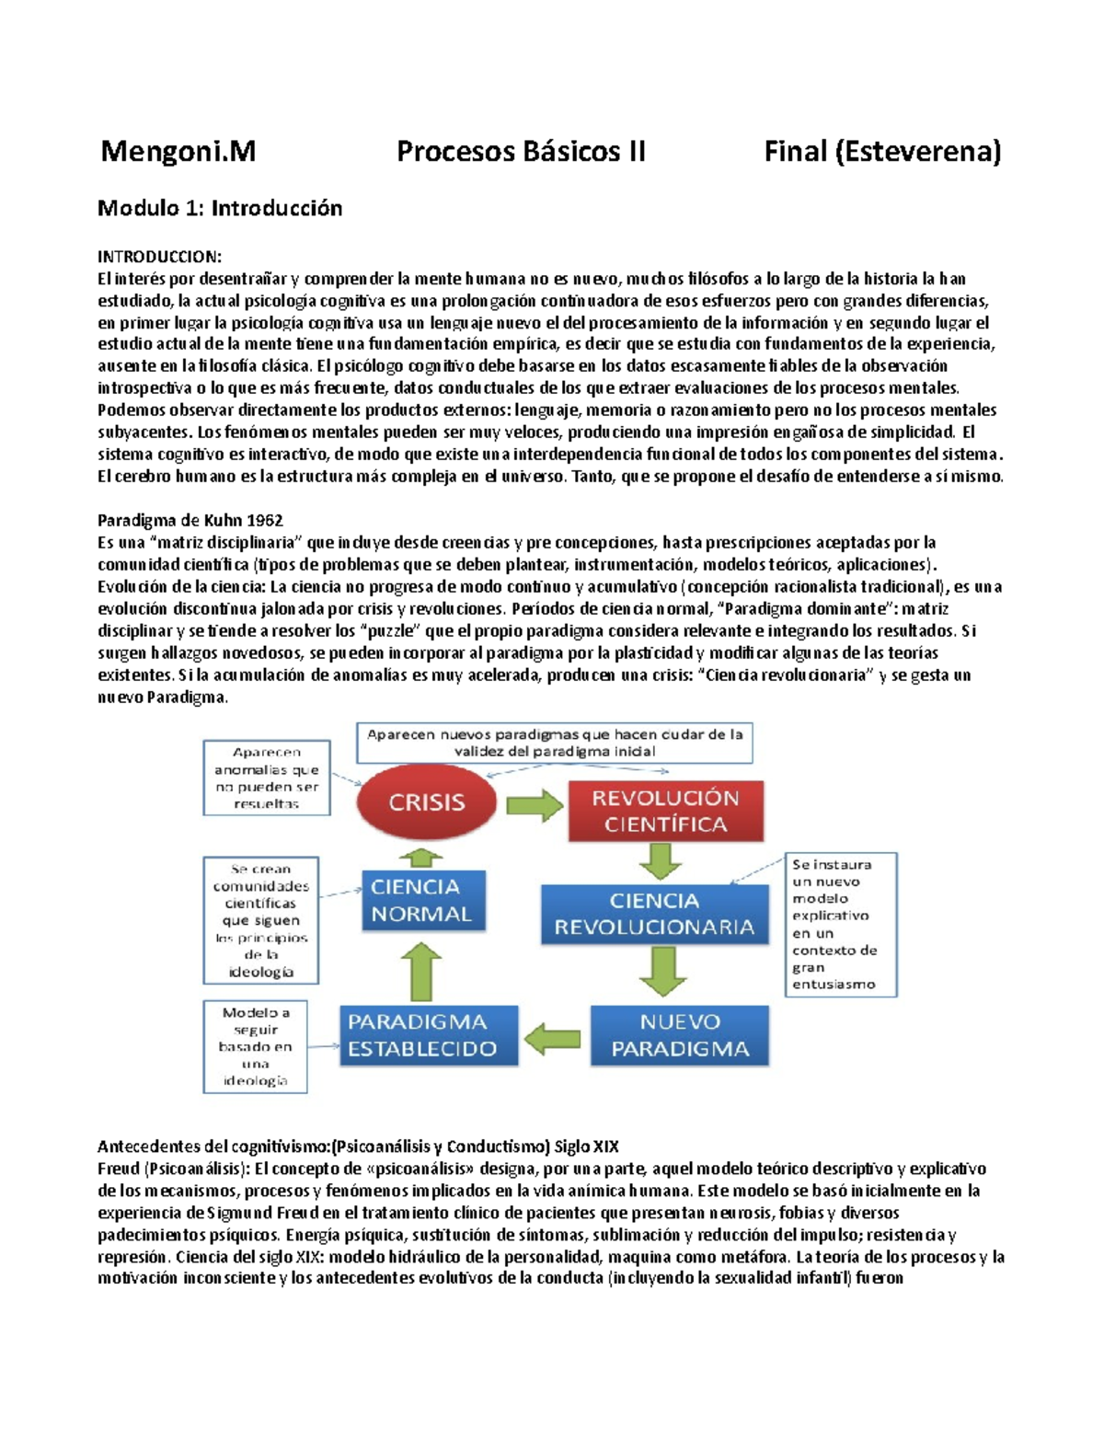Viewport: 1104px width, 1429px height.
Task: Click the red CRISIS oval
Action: pos(426,802)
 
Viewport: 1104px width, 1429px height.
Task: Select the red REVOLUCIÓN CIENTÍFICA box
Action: pos(665,811)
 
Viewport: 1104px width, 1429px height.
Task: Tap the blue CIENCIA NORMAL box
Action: pos(422,901)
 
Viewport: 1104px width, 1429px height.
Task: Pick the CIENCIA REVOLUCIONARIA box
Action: pos(654,914)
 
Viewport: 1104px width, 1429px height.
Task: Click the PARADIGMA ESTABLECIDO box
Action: pos(428,1035)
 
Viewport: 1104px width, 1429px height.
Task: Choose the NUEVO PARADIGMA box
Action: pos(679,1035)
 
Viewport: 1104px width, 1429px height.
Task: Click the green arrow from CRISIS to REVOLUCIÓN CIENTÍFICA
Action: pos(534,805)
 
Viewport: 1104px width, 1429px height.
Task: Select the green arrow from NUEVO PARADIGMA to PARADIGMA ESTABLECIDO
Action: pos(553,1040)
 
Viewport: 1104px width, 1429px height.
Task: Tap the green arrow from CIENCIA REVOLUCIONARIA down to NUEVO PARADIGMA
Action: pos(662,971)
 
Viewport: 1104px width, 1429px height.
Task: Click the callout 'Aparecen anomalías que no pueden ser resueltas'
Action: pos(266,778)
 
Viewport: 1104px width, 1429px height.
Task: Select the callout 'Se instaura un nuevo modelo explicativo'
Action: pos(840,924)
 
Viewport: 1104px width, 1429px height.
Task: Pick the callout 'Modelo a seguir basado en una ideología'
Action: pos(255,1046)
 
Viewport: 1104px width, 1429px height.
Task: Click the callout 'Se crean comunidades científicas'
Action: pos(260,920)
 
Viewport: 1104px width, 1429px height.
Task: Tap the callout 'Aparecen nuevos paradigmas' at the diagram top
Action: pos(555,743)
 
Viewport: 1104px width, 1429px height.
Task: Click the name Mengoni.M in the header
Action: pos(178,151)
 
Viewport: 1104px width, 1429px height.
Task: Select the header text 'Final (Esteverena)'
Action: pos(881,151)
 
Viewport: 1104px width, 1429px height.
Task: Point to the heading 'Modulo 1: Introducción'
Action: pos(220,208)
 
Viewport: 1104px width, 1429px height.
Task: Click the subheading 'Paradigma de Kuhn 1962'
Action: pos(190,520)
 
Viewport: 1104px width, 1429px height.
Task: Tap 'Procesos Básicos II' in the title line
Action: pos(521,151)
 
